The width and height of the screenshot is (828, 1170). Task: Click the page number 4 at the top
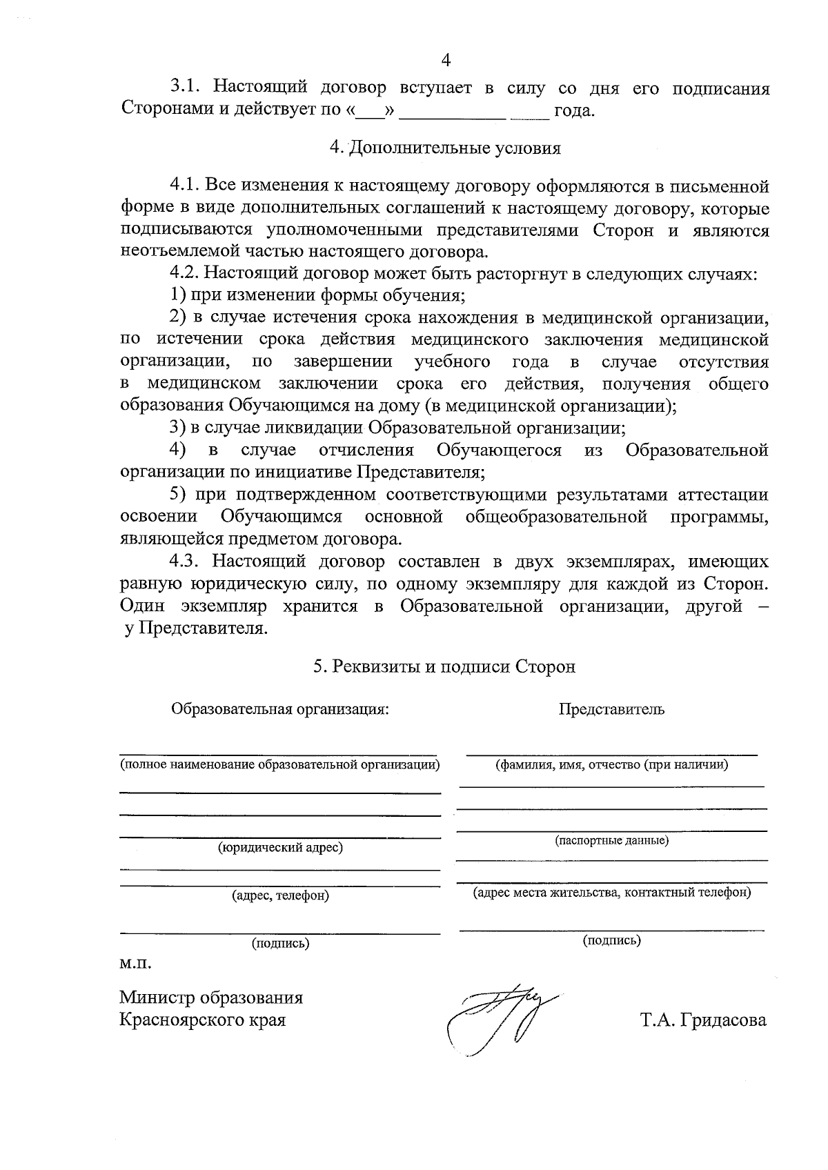pyautogui.click(x=445, y=61)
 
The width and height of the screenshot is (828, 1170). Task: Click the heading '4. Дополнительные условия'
pyautogui.click(x=445, y=148)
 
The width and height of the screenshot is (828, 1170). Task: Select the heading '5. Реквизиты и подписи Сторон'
pyautogui.click(x=444, y=666)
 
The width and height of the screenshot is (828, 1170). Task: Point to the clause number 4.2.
pyautogui.click(x=186, y=274)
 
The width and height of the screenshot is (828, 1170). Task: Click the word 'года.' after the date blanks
pyautogui.click(x=574, y=110)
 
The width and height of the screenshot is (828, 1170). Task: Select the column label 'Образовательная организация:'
pyautogui.click(x=280, y=708)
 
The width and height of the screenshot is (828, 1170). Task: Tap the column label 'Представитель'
pyautogui.click(x=611, y=708)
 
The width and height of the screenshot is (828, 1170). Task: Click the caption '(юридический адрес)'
pyautogui.click(x=280, y=847)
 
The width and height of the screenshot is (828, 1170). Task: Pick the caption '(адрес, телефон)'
pyautogui.click(x=280, y=895)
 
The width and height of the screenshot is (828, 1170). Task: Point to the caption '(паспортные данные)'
pyautogui.click(x=611, y=840)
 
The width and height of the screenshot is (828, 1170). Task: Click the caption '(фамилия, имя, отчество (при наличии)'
pyautogui.click(x=611, y=764)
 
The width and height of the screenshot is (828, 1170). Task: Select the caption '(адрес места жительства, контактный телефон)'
pyautogui.click(x=611, y=892)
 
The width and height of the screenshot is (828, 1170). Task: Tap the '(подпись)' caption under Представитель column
pyautogui.click(x=611, y=940)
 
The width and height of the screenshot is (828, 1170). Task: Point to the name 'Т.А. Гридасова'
pyautogui.click(x=702, y=1020)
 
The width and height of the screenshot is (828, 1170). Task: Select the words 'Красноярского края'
pyautogui.click(x=202, y=1020)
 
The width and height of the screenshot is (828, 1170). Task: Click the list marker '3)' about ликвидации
pyautogui.click(x=178, y=428)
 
